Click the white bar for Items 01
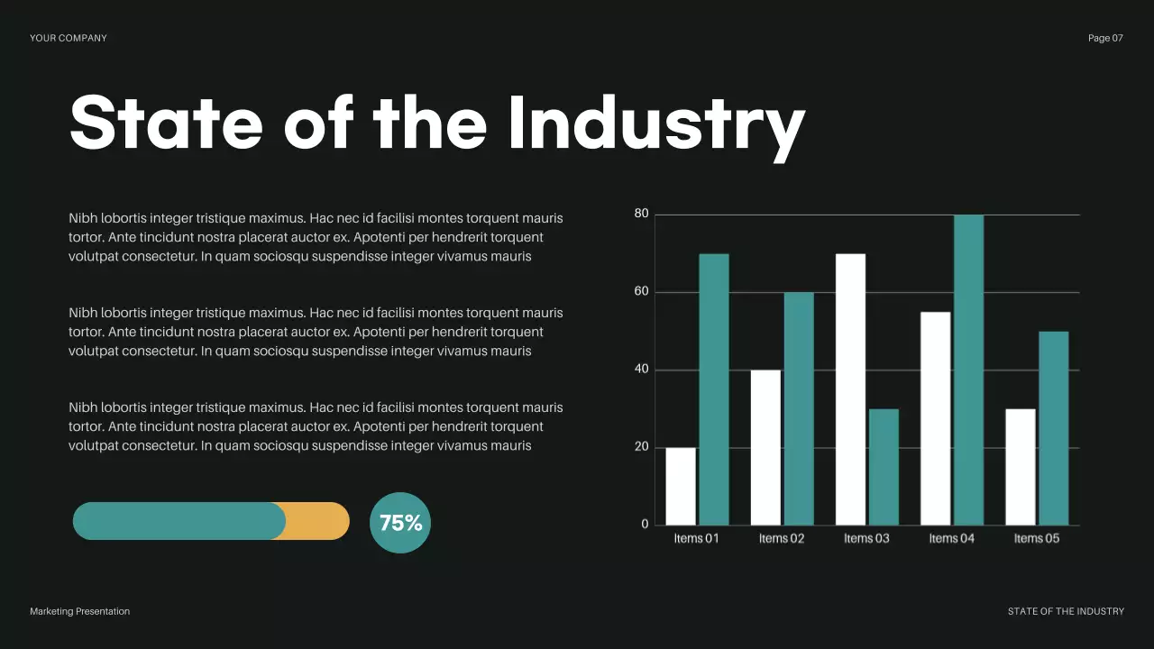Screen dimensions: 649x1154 pos(681,486)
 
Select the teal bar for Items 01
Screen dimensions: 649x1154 pos(714,389)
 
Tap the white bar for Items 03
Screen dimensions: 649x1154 pos(850,389)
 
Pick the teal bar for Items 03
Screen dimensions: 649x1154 pos(884,467)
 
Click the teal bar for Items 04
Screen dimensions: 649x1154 pos(968,370)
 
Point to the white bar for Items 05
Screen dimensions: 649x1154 pos(1021,467)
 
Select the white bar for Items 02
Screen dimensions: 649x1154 pos(765,447)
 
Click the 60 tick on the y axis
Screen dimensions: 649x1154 pos(641,292)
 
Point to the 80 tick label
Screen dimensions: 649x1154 pos(641,214)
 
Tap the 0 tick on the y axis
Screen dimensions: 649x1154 pos(645,525)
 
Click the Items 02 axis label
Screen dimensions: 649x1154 pos(781,539)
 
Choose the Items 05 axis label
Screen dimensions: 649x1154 pos(1037,539)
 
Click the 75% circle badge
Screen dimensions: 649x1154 pos(400,523)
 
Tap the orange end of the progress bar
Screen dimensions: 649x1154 pos(319,521)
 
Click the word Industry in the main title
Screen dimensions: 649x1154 pos(655,123)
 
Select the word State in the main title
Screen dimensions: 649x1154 pos(166,123)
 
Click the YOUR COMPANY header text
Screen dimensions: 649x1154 pos(69,38)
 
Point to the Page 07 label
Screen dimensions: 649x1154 pos(1105,38)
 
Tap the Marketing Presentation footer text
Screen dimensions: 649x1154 pos(79,611)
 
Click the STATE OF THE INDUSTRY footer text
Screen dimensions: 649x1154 pos(1066,611)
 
